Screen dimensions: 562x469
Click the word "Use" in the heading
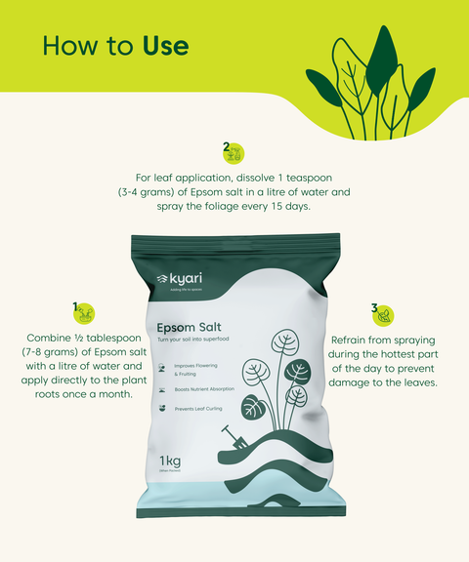(165, 46)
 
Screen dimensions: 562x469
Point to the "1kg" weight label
(173, 461)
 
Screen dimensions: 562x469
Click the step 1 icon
(84, 313)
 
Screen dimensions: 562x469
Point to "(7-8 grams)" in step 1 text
(50, 351)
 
